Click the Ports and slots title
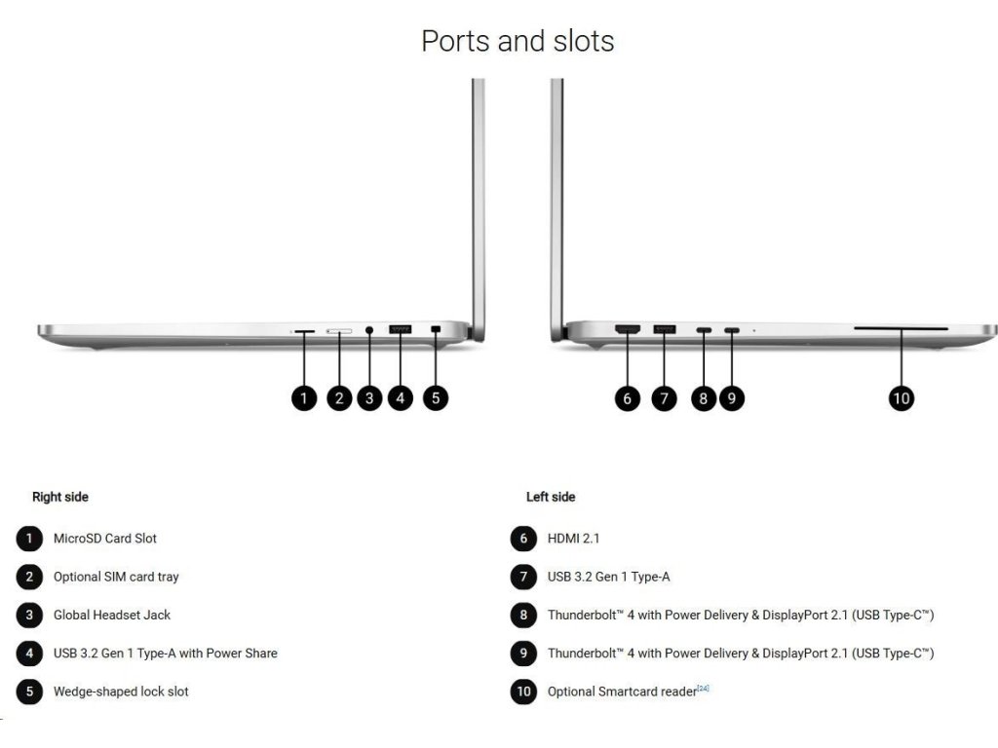pyautogui.click(x=518, y=41)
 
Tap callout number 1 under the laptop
pyautogui.click(x=304, y=397)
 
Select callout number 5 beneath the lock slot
pyautogui.click(x=436, y=397)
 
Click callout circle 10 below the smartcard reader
pyautogui.click(x=902, y=397)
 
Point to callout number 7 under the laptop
pyautogui.click(x=664, y=397)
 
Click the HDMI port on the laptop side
pyautogui.click(x=627, y=330)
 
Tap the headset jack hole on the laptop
pyautogui.click(x=369, y=331)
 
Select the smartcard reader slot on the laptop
pyautogui.click(x=901, y=330)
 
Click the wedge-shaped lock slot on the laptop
pyautogui.click(x=435, y=331)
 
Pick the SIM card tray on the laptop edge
pyautogui.click(x=339, y=332)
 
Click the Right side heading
pyautogui.click(x=60, y=497)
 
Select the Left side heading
pyautogui.click(x=551, y=497)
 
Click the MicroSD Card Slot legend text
pyautogui.click(x=105, y=539)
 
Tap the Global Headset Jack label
pyautogui.click(x=112, y=615)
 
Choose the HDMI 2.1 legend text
pyautogui.click(x=574, y=539)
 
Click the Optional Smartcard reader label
pyautogui.click(x=622, y=692)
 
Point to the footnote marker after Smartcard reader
pyautogui.click(x=703, y=689)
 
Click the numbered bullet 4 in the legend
pyautogui.click(x=29, y=654)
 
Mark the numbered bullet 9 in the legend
pyautogui.click(x=523, y=654)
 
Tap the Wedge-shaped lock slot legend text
pyautogui.click(x=121, y=692)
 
